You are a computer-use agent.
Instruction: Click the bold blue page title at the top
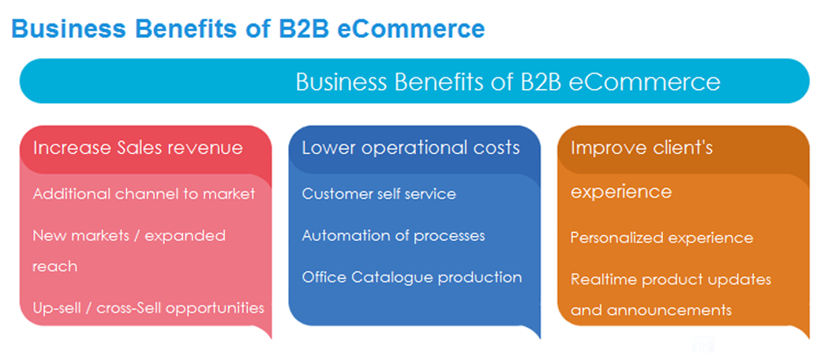pyautogui.click(x=248, y=28)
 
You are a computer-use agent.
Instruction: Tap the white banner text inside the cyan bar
pyautogui.click(x=508, y=82)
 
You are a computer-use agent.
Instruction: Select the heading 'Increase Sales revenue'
pyautogui.click(x=137, y=148)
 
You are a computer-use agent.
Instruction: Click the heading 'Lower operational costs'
pyautogui.click(x=410, y=148)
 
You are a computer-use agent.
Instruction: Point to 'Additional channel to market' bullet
pyautogui.click(x=144, y=194)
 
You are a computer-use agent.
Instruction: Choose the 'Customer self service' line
pyautogui.click(x=379, y=194)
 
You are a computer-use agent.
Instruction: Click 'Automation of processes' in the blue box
pyautogui.click(x=393, y=235)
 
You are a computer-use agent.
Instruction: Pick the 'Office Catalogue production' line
pyautogui.click(x=411, y=277)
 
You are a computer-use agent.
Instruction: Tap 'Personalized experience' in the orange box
pyautogui.click(x=661, y=238)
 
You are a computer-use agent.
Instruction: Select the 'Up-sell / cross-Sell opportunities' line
pyautogui.click(x=148, y=308)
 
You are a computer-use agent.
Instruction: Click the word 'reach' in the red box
pyautogui.click(x=54, y=267)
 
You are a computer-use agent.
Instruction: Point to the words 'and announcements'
pyautogui.click(x=651, y=310)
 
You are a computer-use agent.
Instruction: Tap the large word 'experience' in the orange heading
pyautogui.click(x=621, y=192)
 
